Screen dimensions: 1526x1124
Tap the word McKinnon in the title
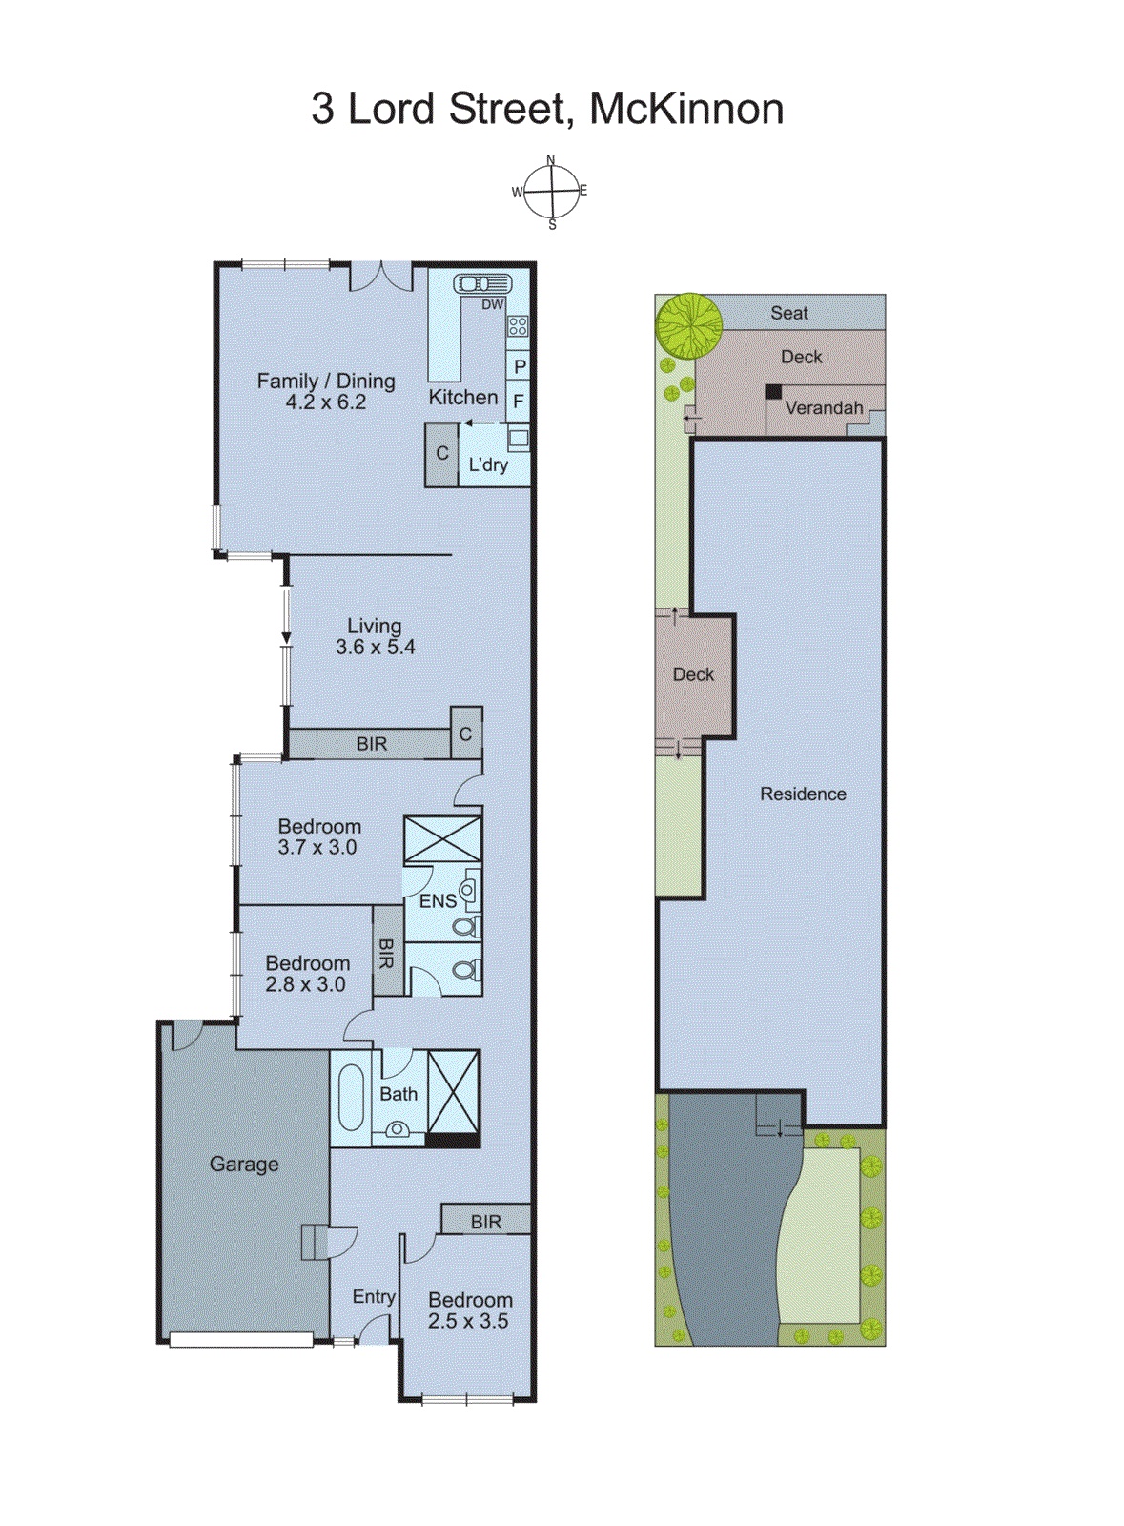686,109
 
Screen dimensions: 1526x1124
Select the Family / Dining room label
326,381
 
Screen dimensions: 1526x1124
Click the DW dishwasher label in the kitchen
492,305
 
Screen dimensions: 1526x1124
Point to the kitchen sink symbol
482,283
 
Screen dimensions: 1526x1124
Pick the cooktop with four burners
518,326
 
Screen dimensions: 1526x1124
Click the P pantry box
520,366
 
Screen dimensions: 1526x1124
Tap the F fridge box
519,402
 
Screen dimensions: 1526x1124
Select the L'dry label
488,465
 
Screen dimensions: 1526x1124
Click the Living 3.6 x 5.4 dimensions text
375,647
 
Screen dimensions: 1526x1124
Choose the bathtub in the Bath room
351,1096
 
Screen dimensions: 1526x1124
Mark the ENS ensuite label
438,900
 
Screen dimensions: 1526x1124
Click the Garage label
244,1165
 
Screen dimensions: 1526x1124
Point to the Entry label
373,1297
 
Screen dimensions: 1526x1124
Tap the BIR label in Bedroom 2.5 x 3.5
485,1222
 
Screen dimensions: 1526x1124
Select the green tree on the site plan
688,325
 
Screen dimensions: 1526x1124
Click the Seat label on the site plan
789,313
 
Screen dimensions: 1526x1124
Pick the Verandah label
824,408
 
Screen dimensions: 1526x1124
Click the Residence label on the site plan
803,794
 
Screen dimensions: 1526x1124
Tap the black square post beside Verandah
774,392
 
